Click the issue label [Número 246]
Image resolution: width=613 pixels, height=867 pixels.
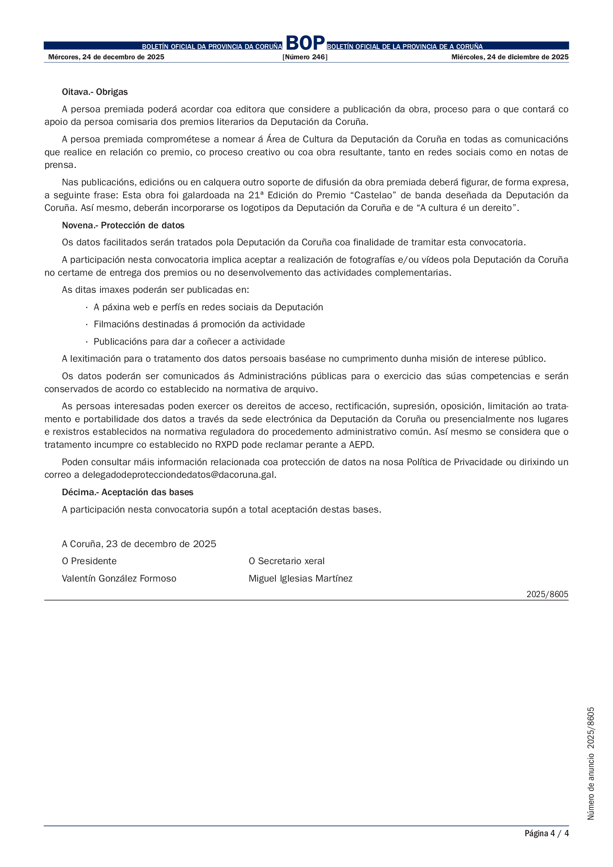305,57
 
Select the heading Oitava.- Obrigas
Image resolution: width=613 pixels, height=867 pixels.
95,92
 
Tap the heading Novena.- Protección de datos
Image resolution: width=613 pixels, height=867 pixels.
123,225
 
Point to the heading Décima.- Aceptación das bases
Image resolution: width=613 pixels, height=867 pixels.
127,492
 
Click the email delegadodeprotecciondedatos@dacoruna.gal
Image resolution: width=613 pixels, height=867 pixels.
179,475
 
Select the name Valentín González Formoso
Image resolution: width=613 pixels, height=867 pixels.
119,579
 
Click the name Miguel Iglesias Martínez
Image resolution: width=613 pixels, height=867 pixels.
301,579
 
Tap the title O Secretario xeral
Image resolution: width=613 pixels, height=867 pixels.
286,561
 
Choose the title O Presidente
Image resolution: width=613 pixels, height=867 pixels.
89,561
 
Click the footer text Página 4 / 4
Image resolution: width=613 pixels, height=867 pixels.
546,833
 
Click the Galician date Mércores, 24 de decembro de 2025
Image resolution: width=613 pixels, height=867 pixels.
106,57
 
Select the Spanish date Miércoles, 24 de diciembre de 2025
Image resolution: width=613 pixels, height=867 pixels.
510,57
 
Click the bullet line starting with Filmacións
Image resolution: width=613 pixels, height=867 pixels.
199,324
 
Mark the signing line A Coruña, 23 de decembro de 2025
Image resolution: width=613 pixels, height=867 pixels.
139,544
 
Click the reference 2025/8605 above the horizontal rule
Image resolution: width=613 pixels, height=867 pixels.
547,594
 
